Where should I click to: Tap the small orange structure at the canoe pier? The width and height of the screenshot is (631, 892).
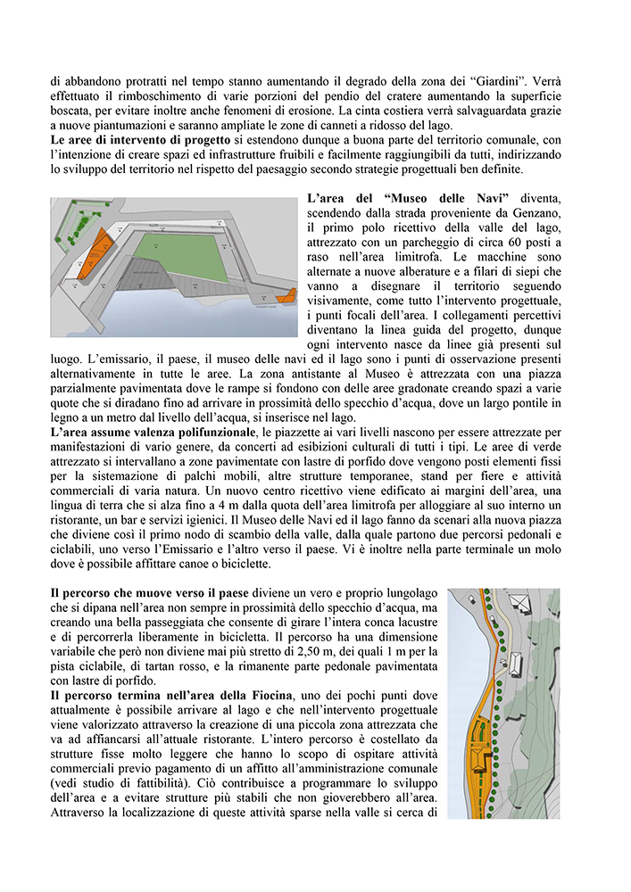[x=286, y=296]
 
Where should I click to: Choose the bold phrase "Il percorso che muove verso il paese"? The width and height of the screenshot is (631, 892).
[x=156, y=592]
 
